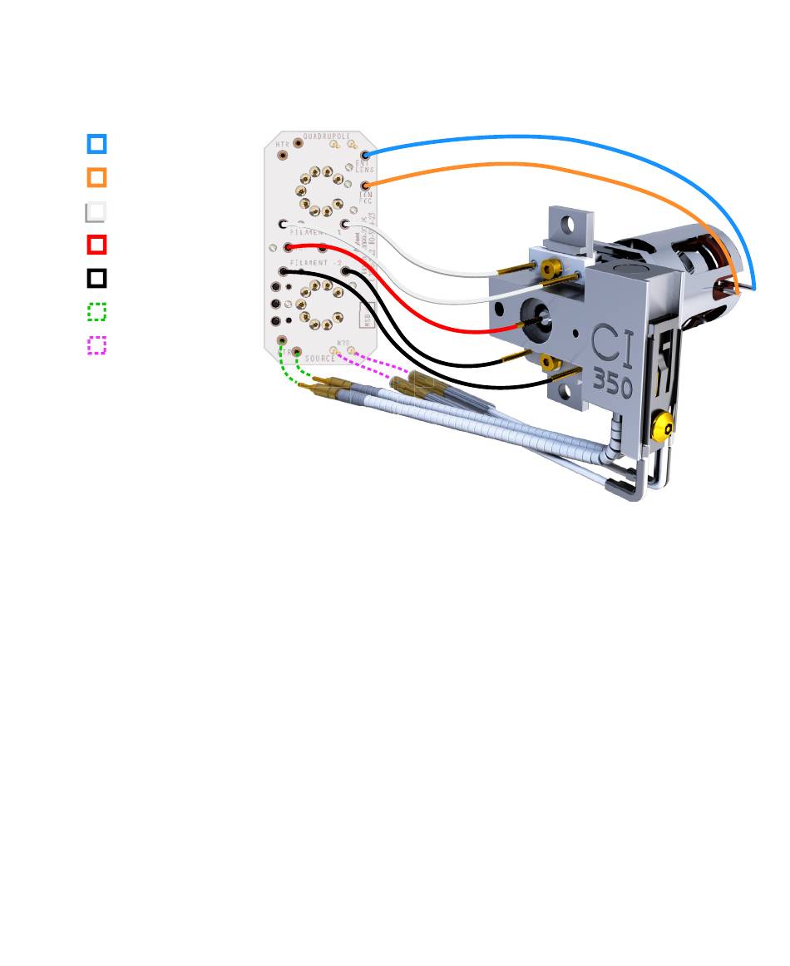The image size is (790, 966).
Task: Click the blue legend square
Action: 96,144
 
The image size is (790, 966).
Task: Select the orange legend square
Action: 96,177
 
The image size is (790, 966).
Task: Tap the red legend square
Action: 96,245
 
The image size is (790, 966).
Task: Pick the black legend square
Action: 96,278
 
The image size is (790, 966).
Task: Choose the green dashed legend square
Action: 96,312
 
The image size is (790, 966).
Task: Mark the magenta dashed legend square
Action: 96,345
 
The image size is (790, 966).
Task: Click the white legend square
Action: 96,211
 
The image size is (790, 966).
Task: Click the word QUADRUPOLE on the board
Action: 327,136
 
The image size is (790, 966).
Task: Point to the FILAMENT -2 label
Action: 316,263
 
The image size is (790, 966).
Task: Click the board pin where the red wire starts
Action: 288,247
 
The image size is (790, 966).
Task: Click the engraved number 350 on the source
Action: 613,384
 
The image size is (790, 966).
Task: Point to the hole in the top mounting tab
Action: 570,224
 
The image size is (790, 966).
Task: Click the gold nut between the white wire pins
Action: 549,268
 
